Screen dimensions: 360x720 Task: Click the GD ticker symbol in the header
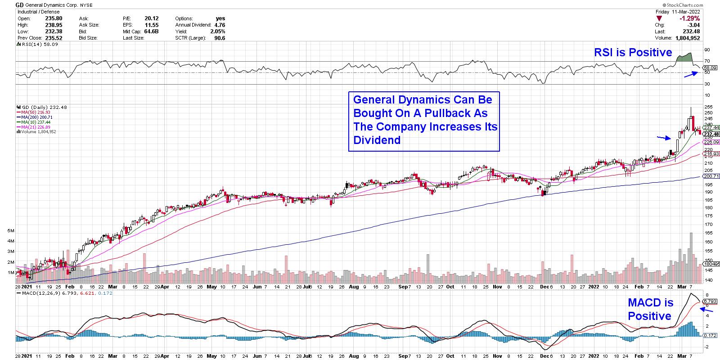coord(20,5)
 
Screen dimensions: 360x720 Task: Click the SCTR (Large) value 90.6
coord(220,38)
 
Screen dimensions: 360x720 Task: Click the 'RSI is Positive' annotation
coord(633,53)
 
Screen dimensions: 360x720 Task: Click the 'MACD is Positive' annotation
coord(650,310)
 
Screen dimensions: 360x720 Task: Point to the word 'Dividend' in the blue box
coord(377,140)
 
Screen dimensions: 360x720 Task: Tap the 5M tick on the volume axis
coord(11,230)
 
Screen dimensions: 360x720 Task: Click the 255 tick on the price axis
coord(708,106)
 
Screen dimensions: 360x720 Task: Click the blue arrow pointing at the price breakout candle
coord(663,138)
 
